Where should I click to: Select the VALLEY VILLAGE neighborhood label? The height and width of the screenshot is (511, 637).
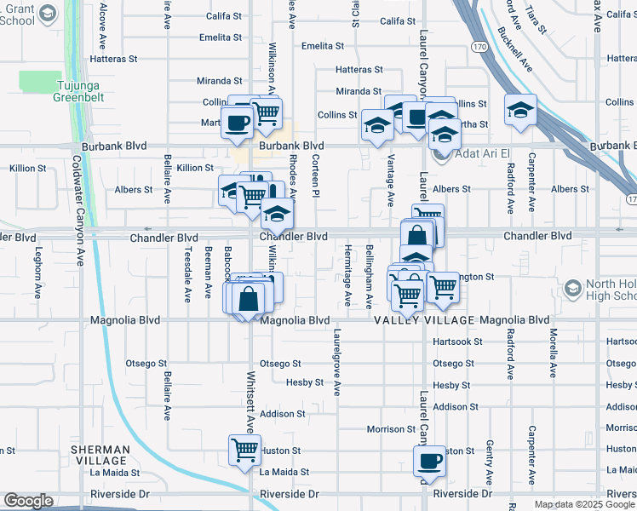[425, 320]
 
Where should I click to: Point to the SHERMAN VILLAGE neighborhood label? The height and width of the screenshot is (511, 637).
[100, 454]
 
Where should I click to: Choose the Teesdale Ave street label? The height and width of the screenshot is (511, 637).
[187, 275]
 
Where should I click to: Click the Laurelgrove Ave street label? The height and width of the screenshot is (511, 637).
[337, 362]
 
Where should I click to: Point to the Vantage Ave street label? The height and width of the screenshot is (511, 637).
[391, 181]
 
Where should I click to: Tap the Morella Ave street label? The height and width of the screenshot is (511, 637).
[553, 353]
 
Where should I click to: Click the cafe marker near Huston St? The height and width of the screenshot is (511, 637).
[428, 461]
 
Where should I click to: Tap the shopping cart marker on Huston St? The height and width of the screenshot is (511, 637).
[244, 448]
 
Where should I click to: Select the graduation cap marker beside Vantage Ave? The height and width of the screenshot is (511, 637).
[377, 124]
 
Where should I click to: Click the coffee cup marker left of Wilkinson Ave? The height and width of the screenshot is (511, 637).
[237, 121]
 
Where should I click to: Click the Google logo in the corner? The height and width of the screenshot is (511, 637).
[28, 501]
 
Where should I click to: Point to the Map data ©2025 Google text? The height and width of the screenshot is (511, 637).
[585, 504]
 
